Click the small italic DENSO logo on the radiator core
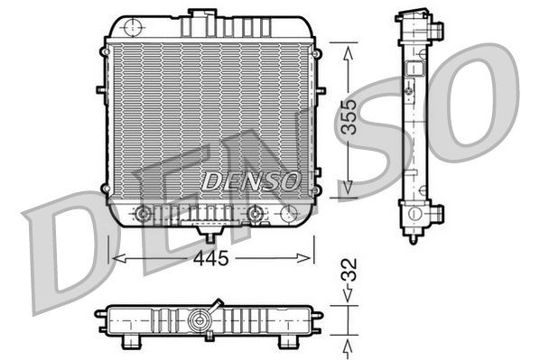250,181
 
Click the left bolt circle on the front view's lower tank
141,214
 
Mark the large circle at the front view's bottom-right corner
288,214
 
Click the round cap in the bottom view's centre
199,319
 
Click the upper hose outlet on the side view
437,32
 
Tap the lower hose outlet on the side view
437,217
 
